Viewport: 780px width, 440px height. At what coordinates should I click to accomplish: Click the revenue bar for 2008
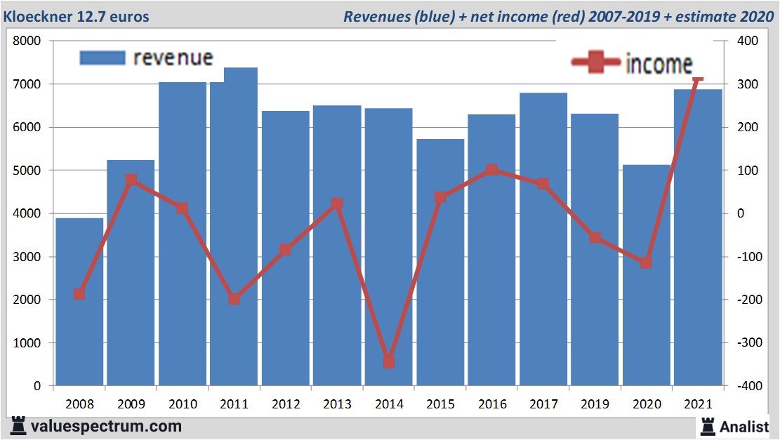pos(79,302)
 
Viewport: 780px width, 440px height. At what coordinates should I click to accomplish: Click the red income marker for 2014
pos(389,362)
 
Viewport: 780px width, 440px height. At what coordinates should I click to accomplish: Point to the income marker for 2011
pos(234,299)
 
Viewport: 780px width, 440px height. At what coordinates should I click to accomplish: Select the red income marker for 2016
pos(491,170)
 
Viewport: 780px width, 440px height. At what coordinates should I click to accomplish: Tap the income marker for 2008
pos(79,294)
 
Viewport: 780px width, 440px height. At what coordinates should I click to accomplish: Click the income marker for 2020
pos(647,262)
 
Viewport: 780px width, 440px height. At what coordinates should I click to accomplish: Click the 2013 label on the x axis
pos(337,405)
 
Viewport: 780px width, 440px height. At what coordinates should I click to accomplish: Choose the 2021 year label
pos(698,405)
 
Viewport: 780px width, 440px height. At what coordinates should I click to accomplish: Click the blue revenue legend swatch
pos(103,58)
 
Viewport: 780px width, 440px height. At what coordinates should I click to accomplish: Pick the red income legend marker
pos(596,62)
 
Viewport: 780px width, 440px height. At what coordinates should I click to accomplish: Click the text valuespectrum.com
pos(105,426)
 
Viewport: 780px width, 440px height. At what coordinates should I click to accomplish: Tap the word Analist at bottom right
pos(743,425)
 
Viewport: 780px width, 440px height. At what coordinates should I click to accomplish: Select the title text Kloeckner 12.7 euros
pos(77,16)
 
